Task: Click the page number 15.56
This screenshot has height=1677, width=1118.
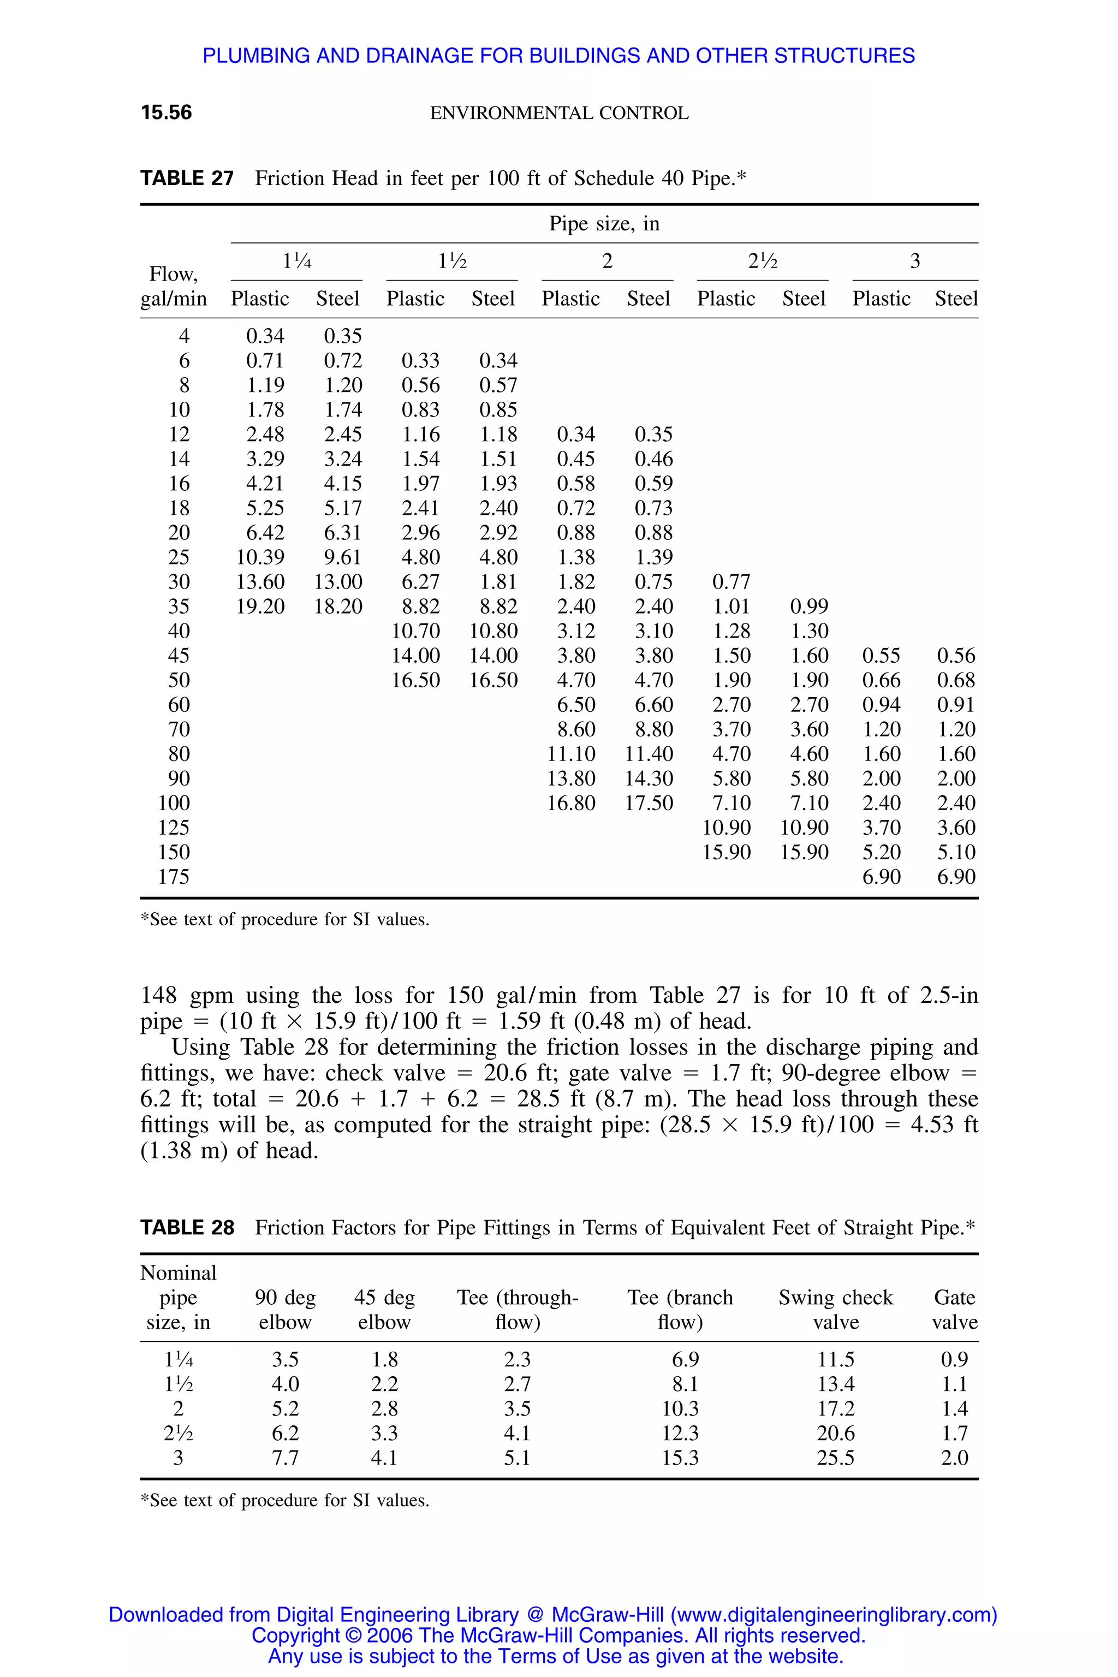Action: click(166, 112)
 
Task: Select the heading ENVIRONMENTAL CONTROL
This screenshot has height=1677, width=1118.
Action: click(559, 114)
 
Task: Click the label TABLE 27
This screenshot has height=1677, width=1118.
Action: click(187, 179)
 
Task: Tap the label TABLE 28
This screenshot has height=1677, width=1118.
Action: click(187, 1228)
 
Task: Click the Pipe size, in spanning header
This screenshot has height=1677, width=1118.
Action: click(604, 224)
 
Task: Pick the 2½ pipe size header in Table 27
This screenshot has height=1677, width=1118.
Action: click(762, 261)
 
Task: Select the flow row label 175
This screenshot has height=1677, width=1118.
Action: click(174, 877)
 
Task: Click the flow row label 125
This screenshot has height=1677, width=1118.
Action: click(174, 828)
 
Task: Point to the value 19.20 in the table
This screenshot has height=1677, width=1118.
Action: click(260, 607)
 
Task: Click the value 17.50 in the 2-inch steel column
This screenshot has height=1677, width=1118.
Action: click(649, 804)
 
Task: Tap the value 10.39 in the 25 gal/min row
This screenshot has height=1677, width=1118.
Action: click(260, 557)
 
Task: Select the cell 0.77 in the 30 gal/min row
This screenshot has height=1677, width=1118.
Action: click(731, 582)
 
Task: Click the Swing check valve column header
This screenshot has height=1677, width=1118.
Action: click(836, 1310)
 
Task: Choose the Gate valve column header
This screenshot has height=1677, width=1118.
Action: click(954, 1310)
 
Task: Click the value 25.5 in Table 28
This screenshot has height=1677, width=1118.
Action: click(836, 1458)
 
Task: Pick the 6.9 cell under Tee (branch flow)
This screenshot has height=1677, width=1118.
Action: click(685, 1360)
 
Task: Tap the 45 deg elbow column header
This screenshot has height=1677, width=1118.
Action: click(384, 1310)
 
